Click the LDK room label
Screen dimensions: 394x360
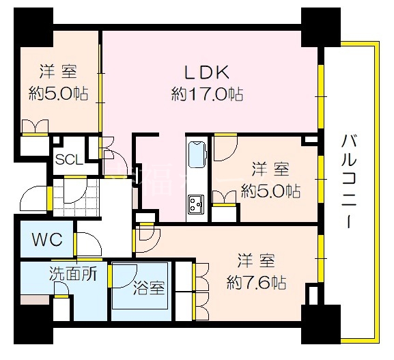click(x=207, y=72)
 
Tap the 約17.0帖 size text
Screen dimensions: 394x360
click(x=207, y=94)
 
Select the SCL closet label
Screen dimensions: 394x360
click(x=69, y=160)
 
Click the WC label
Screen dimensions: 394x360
click(x=47, y=239)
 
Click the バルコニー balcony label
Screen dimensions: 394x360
click(x=349, y=181)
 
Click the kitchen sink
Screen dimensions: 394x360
click(x=197, y=154)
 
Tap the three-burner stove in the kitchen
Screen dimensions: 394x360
click(x=197, y=204)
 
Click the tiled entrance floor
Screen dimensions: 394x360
click(x=75, y=197)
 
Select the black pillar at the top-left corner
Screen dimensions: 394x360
click(x=33, y=27)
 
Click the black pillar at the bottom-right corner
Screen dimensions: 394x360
click(x=321, y=324)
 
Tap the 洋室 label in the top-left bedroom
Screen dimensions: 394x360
click(x=58, y=72)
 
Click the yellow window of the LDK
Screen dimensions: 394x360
click(x=321, y=97)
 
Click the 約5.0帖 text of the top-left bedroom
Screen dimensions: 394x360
click(x=58, y=94)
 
